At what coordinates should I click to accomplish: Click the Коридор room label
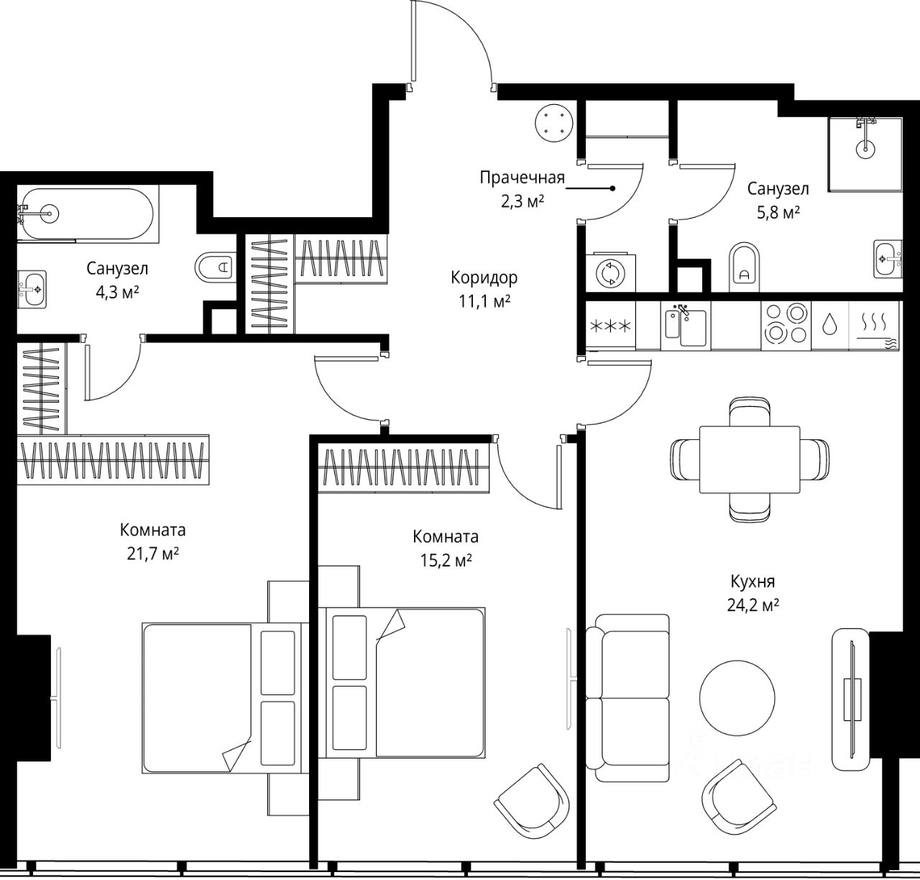tap(484, 278)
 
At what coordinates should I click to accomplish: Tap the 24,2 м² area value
tap(753, 605)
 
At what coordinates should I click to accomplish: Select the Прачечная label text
tap(522, 178)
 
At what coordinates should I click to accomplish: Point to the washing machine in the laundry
tap(611, 273)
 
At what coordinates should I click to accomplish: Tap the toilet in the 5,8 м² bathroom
tap(745, 267)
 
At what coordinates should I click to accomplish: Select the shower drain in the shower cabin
tap(865, 150)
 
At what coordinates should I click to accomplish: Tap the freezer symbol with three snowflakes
tap(611, 326)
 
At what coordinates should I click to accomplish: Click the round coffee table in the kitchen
tap(737, 698)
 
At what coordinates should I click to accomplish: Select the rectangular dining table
tap(750, 459)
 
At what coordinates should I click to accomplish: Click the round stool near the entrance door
tap(553, 123)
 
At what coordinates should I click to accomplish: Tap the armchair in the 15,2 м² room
tap(531, 801)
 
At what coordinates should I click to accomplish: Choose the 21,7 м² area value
tap(152, 554)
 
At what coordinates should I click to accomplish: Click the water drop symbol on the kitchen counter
tap(829, 325)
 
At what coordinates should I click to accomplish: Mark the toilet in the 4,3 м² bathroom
tap(216, 267)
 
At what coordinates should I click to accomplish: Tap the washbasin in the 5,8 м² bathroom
tap(888, 259)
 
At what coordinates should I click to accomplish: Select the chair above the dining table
tap(750, 412)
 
